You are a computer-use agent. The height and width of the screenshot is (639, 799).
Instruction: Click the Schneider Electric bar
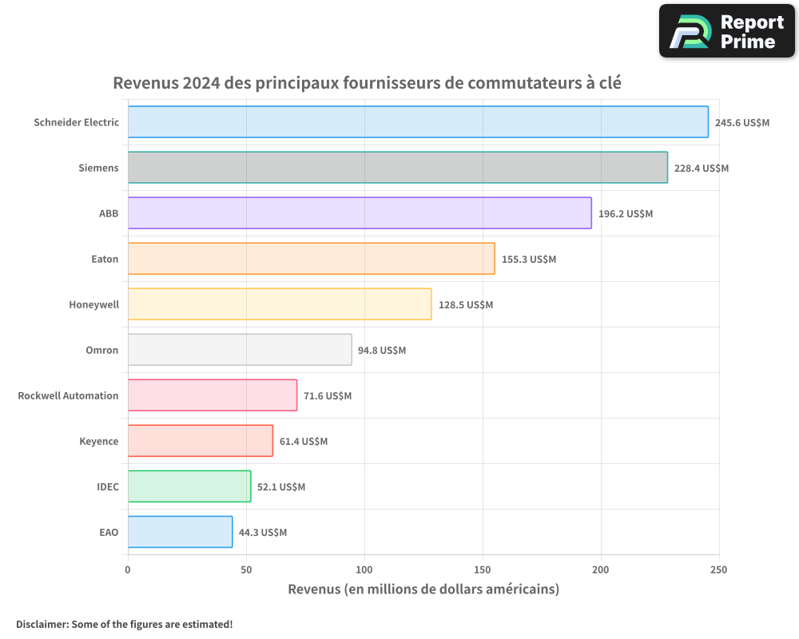click(x=418, y=122)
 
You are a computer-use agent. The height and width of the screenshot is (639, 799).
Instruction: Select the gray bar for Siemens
click(x=397, y=168)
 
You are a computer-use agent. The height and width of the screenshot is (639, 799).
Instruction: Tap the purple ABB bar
click(x=360, y=213)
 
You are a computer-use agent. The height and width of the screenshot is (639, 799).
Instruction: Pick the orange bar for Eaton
click(x=311, y=259)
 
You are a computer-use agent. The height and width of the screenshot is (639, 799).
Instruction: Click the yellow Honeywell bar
click(x=280, y=304)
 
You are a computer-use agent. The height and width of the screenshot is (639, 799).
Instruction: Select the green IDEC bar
click(x=189, y=486)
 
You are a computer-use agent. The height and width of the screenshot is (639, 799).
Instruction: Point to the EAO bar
click(x=180, y=532)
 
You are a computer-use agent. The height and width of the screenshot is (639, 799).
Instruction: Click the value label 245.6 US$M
click(x=741, y=122)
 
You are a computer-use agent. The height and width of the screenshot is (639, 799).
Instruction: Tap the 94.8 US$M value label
click(x=382, y=350)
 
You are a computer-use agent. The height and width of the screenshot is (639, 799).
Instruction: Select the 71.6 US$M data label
click(x=328, y=395)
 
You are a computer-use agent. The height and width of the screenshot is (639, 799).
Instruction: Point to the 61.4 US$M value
click(x=304, y=441)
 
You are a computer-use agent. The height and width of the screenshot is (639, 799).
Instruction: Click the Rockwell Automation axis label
click(x=68, y=395)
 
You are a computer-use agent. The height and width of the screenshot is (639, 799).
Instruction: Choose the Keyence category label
click(x=99, y=441)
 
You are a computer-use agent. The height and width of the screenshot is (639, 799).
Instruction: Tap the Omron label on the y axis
click(x=102, y=350)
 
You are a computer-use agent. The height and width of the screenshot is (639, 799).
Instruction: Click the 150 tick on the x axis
click(x=483, y=570)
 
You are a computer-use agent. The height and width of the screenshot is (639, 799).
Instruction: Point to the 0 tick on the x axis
click(x=128, y=570)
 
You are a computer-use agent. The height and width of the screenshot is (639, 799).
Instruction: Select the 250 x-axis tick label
click(x=719, y=570)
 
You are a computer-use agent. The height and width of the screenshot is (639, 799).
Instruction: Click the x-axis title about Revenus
click(x=423, y=589)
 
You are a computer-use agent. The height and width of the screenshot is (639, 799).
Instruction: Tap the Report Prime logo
click(x=727, y=31)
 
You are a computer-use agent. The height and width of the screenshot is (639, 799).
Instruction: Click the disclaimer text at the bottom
click(x=125, y=624)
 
